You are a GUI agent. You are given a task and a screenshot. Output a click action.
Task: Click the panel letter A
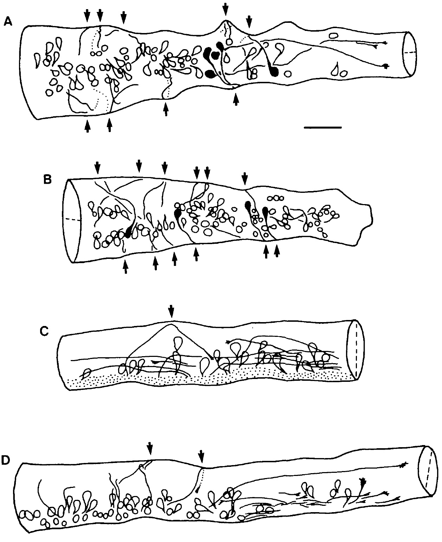tap(8, 22)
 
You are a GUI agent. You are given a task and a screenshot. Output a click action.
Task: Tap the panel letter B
tap(47, 179)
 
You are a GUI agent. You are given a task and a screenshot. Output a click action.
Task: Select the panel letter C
tap(44, 331)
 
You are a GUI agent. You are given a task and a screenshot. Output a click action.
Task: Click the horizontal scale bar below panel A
tap(323, 127)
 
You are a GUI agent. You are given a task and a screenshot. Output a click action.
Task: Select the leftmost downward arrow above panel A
tap(87, 16)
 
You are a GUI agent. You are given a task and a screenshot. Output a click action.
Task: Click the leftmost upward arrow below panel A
tap(88, 126)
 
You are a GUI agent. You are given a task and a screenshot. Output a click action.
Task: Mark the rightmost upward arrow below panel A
tap(236, 99)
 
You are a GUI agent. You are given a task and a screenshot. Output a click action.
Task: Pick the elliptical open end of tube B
tap(72, 221)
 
